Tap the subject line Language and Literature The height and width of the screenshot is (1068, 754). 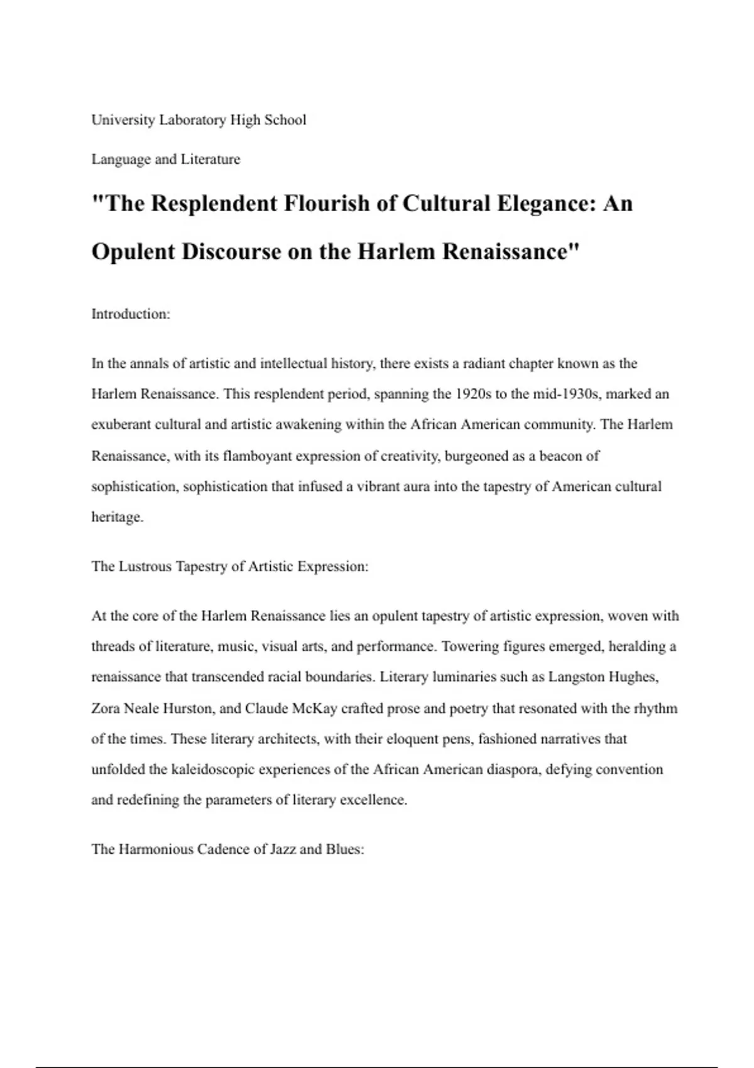pyautogui.click(x=166, y=159)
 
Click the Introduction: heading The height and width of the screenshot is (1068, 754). pyautogui.click(x=131, y=314)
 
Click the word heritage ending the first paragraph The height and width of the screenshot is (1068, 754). pyautogui.click(x=116, y=518)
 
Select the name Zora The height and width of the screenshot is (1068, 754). pyautogui.click(x=106, y=709)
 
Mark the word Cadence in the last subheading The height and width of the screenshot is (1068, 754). pyautogui.click(x=224, y=849)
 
